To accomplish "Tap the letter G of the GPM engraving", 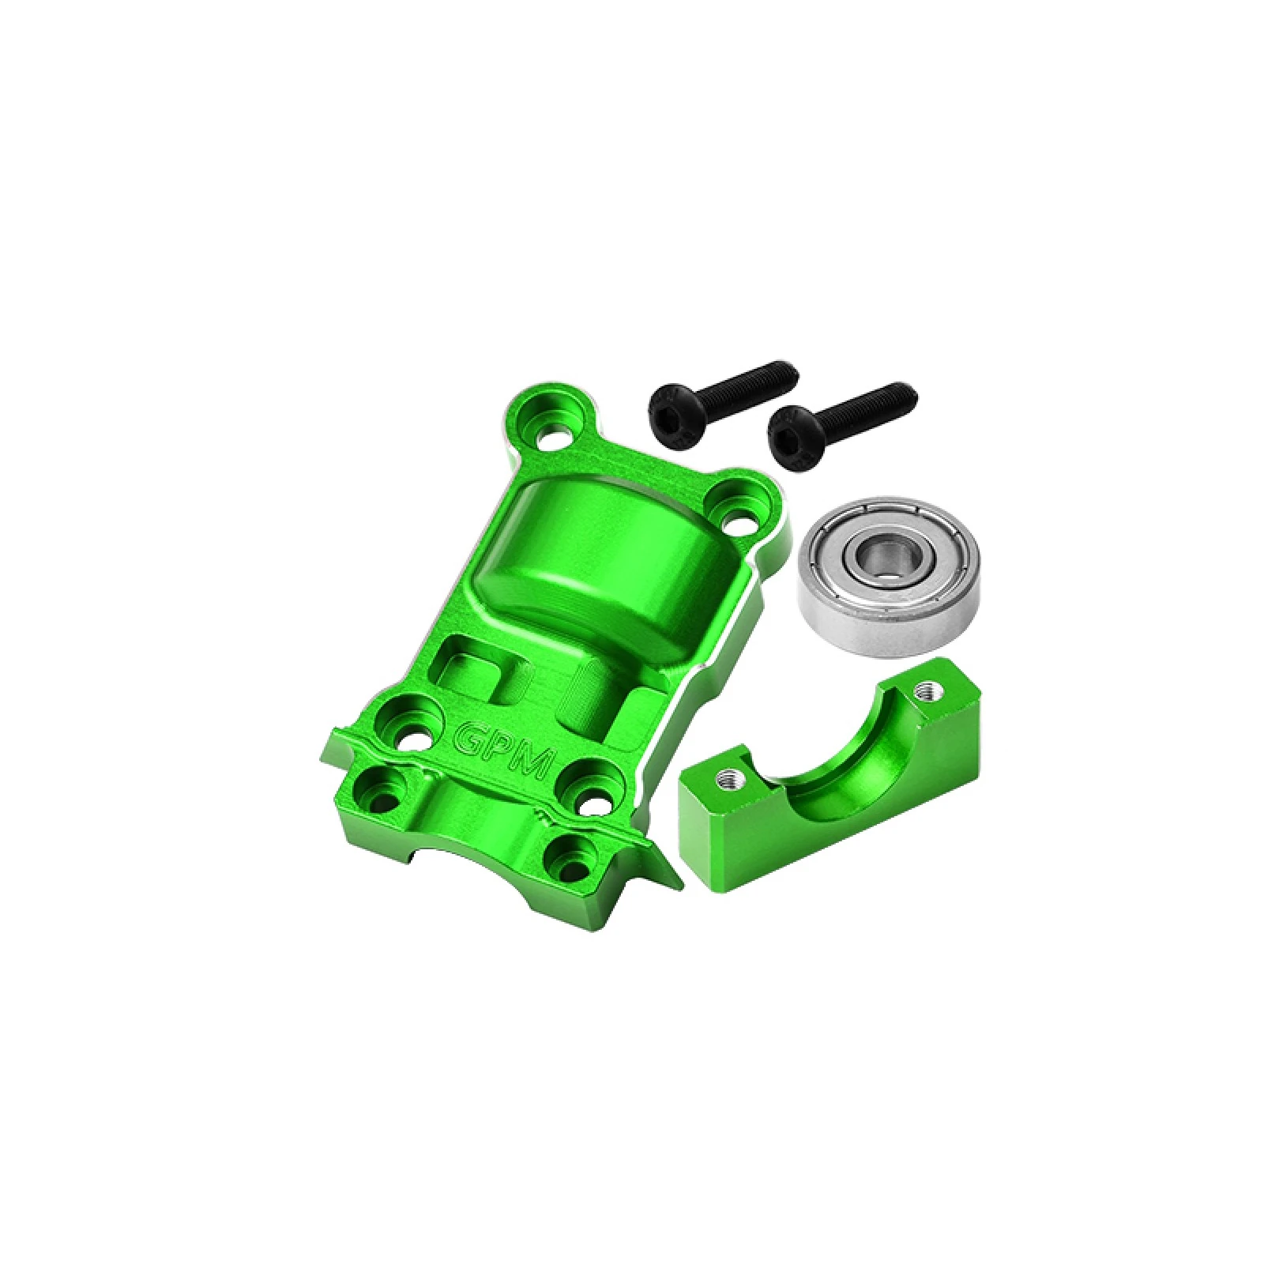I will [x=471, y=735].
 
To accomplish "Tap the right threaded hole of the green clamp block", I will [x=923, y=692].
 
